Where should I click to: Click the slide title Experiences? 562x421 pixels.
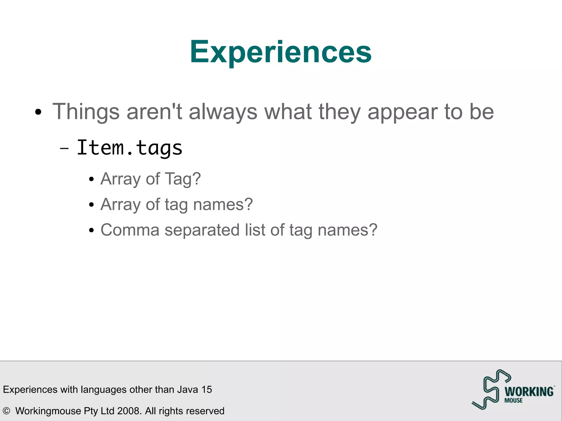point(280,52)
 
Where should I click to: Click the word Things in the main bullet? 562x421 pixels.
point(86,112)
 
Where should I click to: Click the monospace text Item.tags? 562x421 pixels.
point(129,148)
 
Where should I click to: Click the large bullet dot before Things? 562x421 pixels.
point(38,112)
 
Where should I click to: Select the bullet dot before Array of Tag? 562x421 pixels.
point(92,180)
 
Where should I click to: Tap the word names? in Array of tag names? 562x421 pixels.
point(223,205)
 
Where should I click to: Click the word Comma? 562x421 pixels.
point(130,230)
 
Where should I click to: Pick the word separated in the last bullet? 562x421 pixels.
point(202,230)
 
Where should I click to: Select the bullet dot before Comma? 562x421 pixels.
point(92,230)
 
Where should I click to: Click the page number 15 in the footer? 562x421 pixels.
point(207,389)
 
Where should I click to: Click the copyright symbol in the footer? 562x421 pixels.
point(6,411)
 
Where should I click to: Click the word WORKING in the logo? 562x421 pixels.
point(529,392)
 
